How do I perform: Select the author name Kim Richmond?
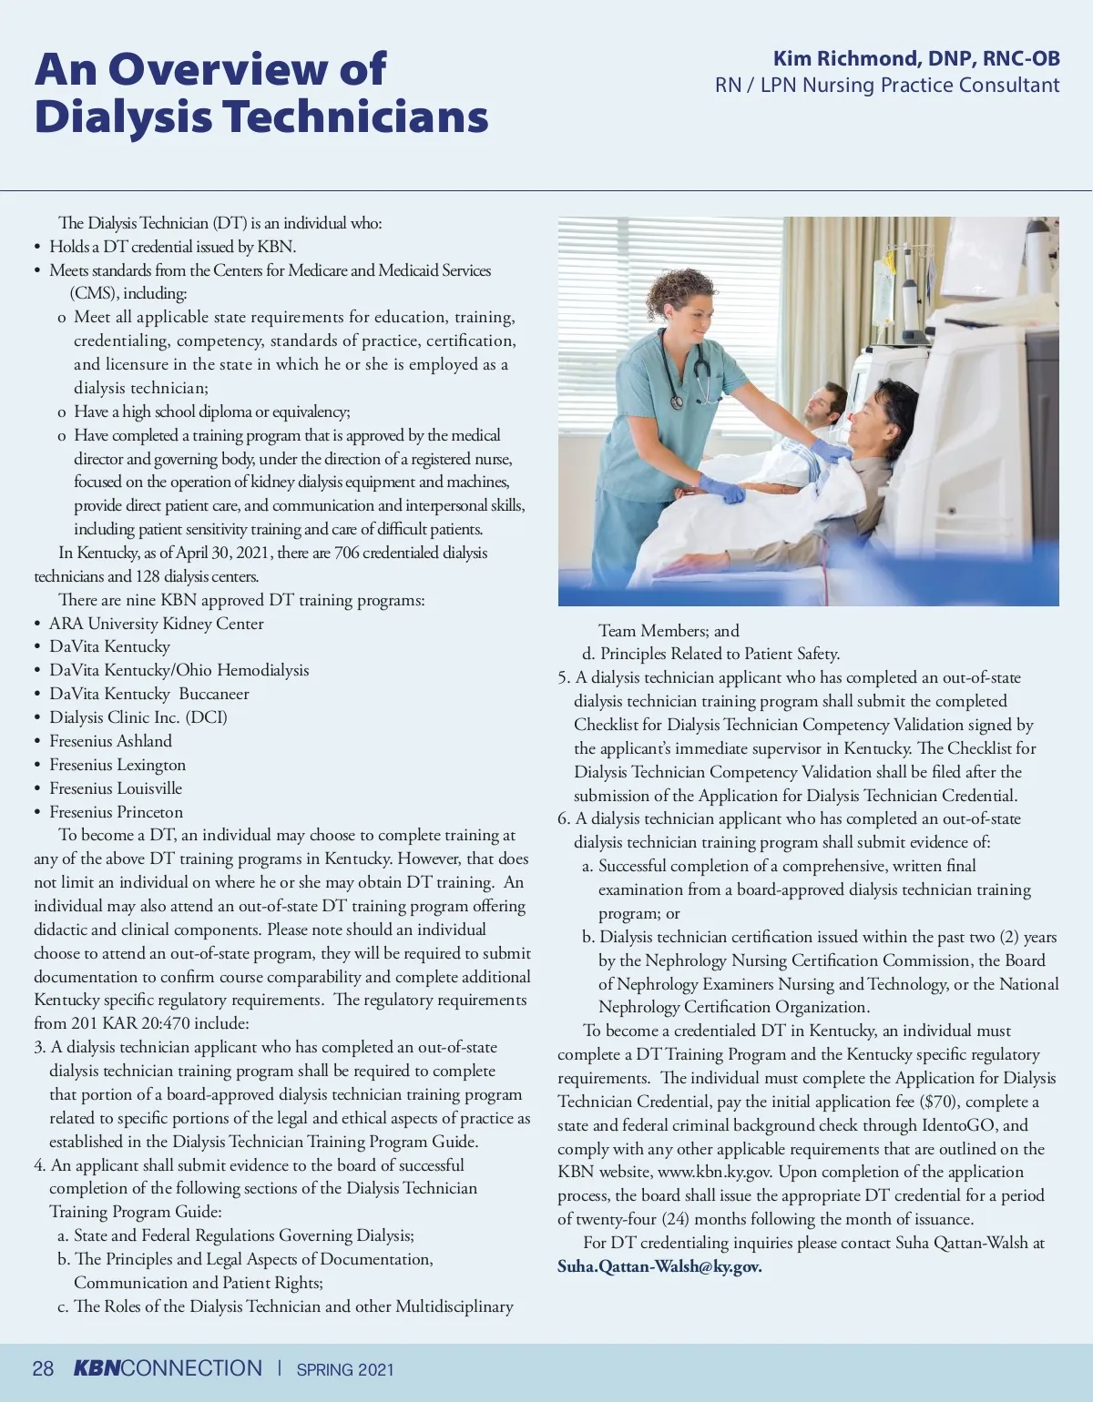coord(844,59)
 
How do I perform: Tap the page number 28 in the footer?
coord(43,1368)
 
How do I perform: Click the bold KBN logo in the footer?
coord(97,1368)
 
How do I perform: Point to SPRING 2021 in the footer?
coord(345,1369)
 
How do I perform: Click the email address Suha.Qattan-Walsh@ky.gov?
coord(659,1266)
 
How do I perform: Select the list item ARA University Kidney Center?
coord(156,624)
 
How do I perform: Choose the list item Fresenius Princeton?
coord(116,812)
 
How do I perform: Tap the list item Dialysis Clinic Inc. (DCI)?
coord(138,717)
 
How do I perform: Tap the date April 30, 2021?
coord(220,553)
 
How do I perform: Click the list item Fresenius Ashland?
coord(110,741)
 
